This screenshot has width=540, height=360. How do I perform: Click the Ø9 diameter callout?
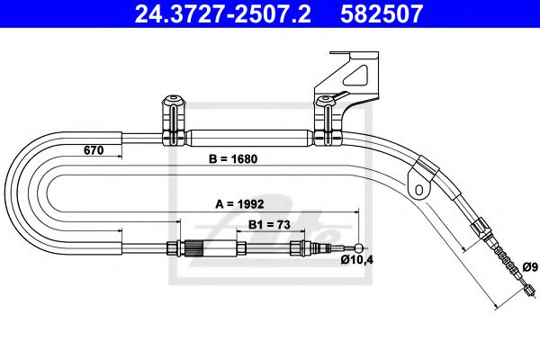tap(530, 266)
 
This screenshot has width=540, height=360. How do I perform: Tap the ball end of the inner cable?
tap(360, 249)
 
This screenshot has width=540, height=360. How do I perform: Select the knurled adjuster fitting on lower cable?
tap(194, 249)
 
